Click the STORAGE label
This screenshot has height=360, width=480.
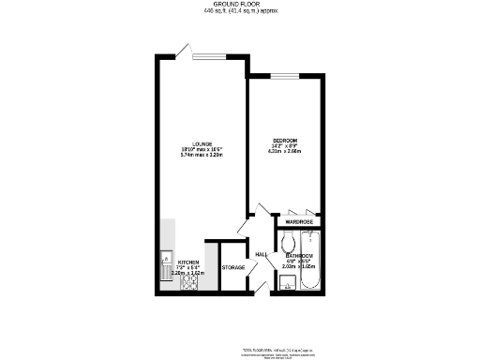[232, 268]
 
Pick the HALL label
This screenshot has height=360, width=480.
[262, 253]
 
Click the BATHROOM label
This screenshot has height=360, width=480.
[298, 255]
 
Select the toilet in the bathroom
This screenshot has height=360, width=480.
[289, 239]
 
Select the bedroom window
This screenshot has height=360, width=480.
[284, 75]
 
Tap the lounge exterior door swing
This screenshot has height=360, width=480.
[187, 49]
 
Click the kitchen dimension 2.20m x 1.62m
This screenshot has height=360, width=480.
[174, 274]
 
